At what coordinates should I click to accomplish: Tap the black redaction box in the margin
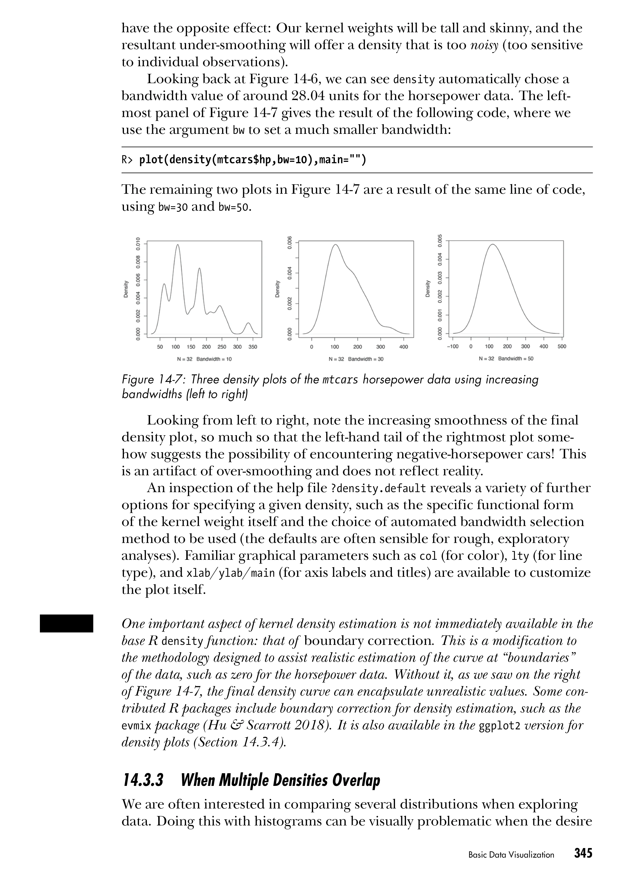click(66, 623)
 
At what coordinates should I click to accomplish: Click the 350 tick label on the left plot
click(252, 347)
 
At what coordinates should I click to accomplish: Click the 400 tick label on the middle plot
click(404, 347)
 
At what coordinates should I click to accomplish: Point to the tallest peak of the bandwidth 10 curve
click(178, 245)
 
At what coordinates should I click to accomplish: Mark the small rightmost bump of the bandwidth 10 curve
click(248, 323)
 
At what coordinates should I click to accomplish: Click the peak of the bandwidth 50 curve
click(492, 245)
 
